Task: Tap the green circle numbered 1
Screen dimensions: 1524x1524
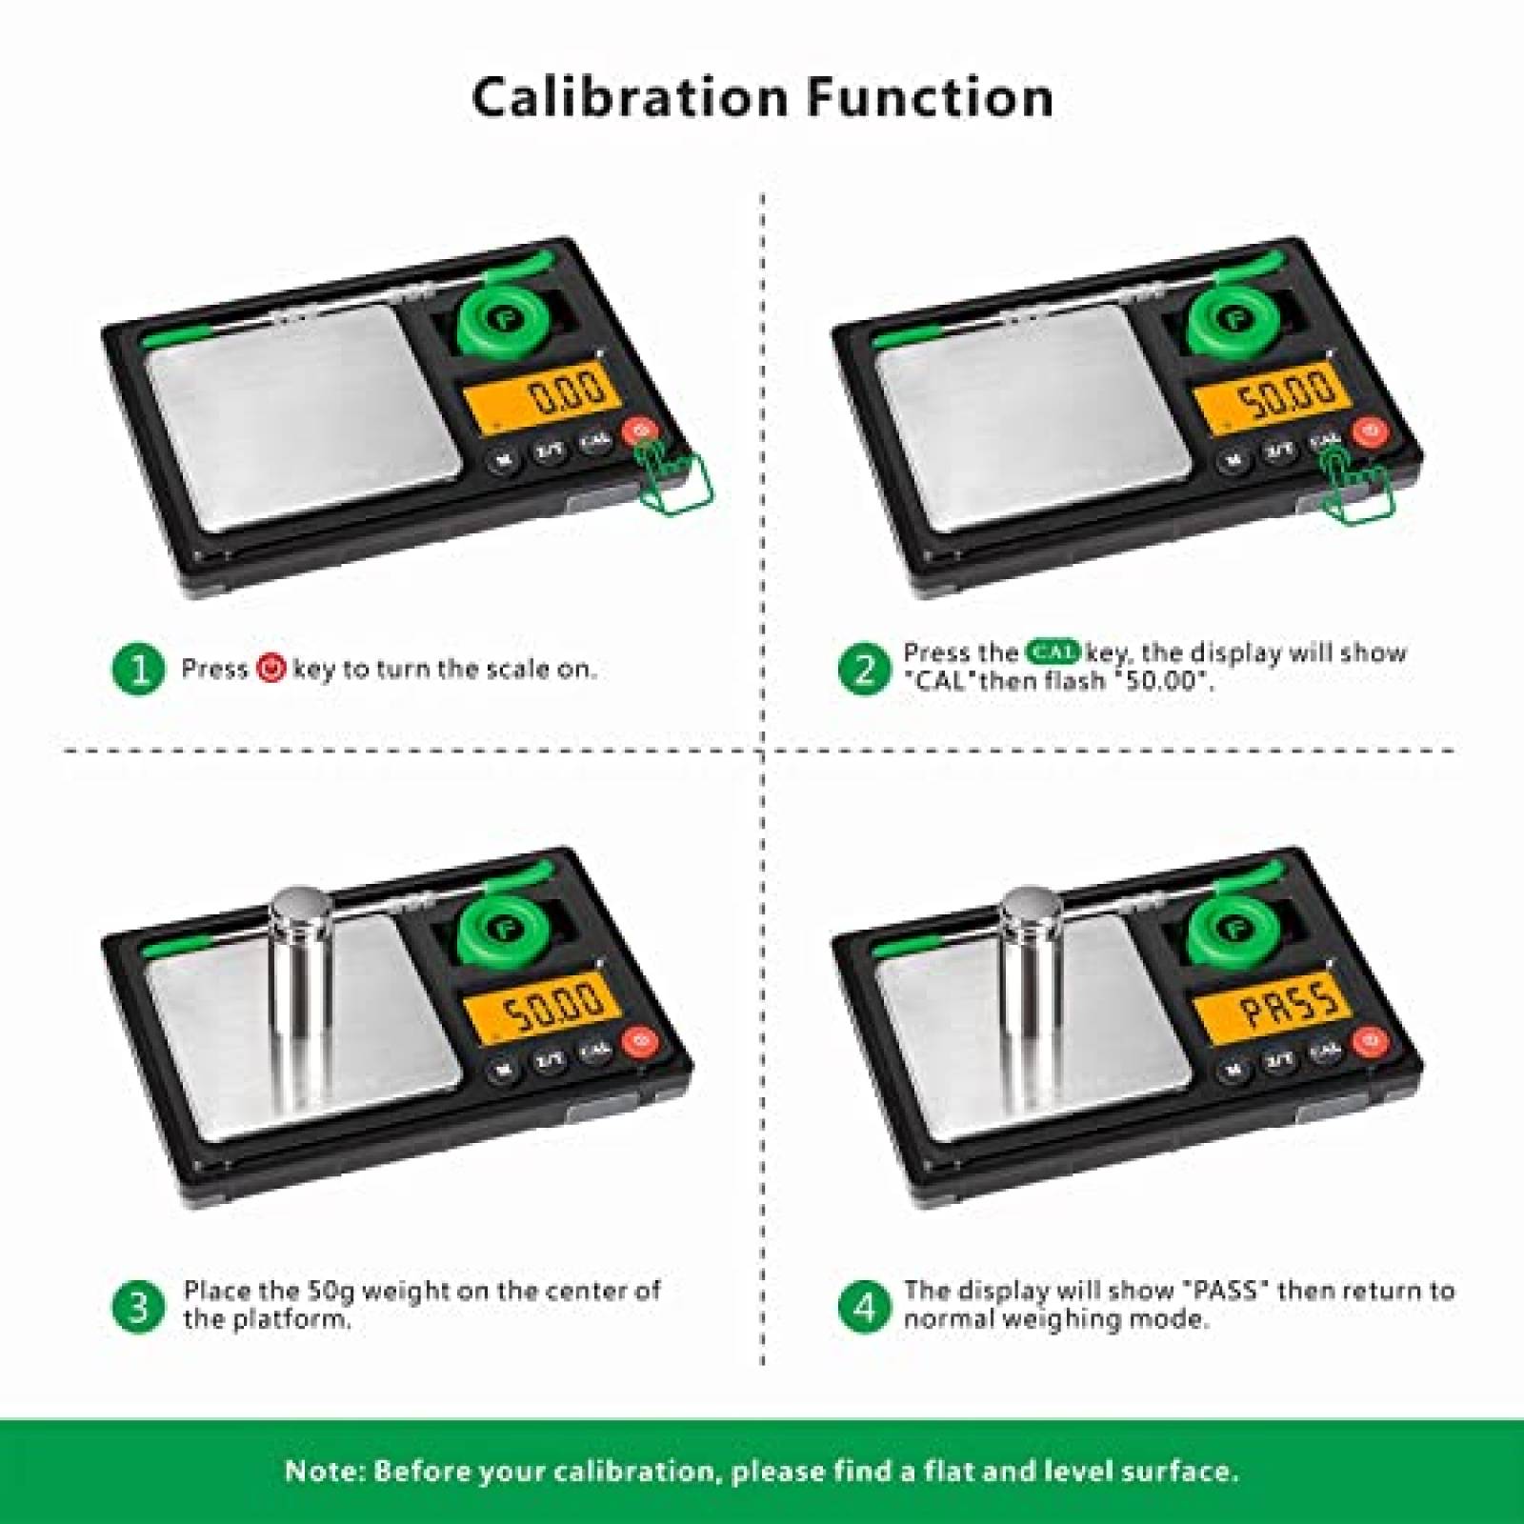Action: pyautogui.click(x=139, y=669)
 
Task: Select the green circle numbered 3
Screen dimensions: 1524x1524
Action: pyautogui.click(x=139, y=1306)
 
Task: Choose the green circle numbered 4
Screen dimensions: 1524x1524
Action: pyautogui.click(x=864, y=1306)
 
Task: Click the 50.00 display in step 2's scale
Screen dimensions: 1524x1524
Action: pyautogui.click(x=1274, y=392)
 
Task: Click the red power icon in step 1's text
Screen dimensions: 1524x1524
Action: pyautogui.click(x=271, y=669)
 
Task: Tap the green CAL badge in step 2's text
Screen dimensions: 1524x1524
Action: pyautogui.click(x=1053, y=652)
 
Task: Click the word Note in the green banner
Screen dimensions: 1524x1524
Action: pyautogui.click(x=324, y=1471)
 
